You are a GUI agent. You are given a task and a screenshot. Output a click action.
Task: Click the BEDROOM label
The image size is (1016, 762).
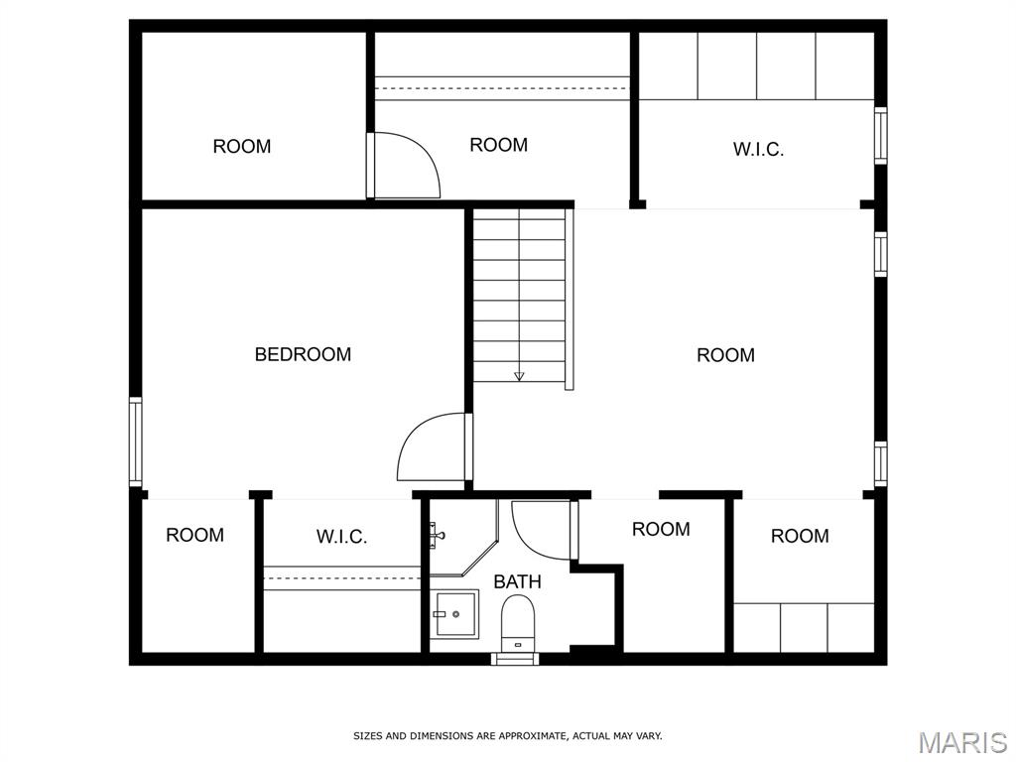(x=303, y=354)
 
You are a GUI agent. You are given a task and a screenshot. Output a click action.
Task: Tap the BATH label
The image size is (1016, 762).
(x=517, y=581)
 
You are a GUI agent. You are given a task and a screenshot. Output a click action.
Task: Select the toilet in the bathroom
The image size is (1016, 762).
(x=518, y=623)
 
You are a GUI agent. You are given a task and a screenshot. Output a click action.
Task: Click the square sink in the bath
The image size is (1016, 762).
(x=456, y=613)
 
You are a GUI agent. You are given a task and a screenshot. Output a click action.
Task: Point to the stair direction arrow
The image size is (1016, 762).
(x=519, y=376)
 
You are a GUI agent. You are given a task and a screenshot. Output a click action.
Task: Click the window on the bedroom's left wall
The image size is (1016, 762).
(x=135, y=442)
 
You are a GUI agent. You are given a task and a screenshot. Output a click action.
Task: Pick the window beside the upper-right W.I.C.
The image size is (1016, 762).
(x=881, y=135)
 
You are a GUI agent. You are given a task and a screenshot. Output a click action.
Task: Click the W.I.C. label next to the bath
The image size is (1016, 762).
(x=341, y=537)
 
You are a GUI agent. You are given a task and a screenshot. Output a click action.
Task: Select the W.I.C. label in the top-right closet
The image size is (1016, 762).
(x=758, y=150)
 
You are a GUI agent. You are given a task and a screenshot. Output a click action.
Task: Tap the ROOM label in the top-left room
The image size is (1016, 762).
(x=242, y=147)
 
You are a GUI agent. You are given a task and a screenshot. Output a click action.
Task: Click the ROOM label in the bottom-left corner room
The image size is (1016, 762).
(x=195, y=535)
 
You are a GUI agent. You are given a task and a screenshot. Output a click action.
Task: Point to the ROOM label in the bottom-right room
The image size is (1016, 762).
(x=800, y=536)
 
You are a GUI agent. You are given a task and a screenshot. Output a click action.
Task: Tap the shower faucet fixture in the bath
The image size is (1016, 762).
(x=437, y=533)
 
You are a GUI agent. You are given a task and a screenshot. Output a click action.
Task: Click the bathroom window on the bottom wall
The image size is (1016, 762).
(x=515, y=659)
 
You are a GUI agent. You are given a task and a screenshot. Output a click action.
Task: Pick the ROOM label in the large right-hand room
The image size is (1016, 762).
(x=725, y=355)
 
